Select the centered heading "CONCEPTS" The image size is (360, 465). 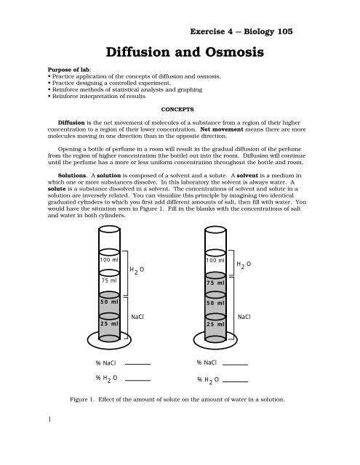coord(180,110)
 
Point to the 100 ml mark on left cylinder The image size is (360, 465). coord(109,260)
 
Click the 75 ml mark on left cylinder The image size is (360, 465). coord(110,279)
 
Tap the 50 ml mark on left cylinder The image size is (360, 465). coord(109,302)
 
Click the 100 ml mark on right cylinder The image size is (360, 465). coord(215,260)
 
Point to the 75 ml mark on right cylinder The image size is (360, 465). coord(215,283)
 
